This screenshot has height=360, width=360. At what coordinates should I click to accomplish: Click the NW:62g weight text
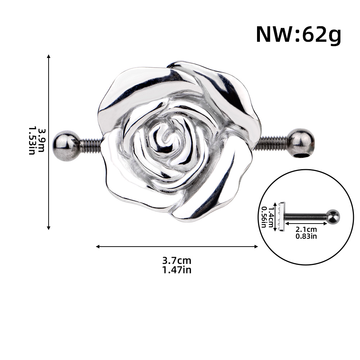point(298,35)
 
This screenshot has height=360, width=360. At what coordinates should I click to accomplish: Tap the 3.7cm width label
point(177,261)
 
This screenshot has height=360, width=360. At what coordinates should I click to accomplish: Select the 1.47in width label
point(177,270)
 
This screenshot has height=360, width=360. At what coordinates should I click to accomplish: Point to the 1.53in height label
point(32,141)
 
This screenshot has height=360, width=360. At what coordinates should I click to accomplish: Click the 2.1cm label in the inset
point(306,229)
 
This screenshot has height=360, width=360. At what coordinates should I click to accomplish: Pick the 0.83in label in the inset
point(306,236)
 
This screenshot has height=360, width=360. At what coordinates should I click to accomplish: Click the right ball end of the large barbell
point(301,143)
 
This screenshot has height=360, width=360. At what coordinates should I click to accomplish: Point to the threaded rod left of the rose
point(91,146)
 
